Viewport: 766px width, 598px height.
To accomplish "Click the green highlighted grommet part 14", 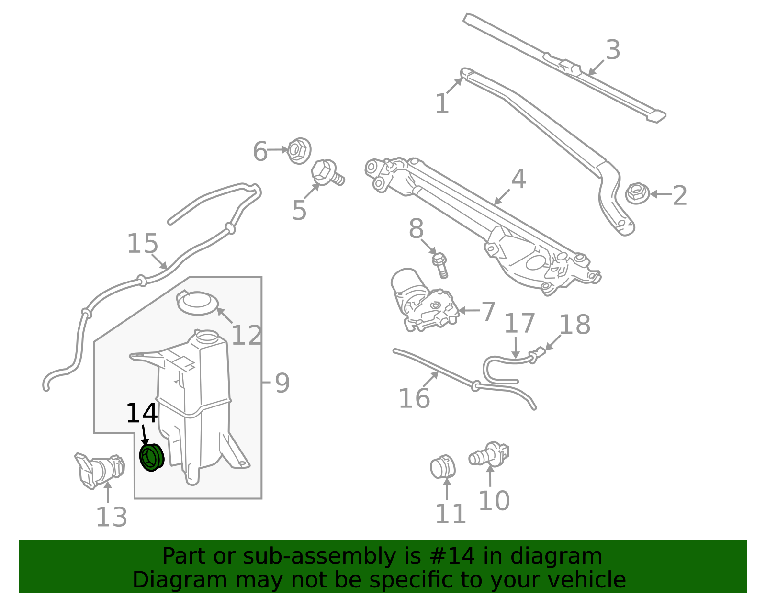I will tap(151, 458).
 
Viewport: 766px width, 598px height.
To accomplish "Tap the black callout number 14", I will tap(141, 414).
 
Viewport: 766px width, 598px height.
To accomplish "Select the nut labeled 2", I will tap(637, 193).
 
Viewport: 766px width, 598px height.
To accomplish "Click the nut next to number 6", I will tap(299, 150).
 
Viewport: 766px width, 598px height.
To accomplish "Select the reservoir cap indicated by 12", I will tap(198, 303).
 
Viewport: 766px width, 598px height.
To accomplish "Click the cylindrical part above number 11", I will tap(442, 467).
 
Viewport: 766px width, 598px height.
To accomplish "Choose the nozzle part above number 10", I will tap(489, 454).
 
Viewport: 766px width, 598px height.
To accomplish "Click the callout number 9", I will tap(282, 384).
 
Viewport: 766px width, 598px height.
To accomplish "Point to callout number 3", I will tap(613, 50).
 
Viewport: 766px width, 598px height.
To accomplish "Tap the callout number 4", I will tap(518, 180).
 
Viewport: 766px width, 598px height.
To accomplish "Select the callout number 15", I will tap(142, 244).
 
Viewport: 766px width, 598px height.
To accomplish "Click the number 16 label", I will tap(414, 399).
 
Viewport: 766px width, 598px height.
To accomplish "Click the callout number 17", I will tap(519, 324).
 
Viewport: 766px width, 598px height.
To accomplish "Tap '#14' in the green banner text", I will tap(450, 556).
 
